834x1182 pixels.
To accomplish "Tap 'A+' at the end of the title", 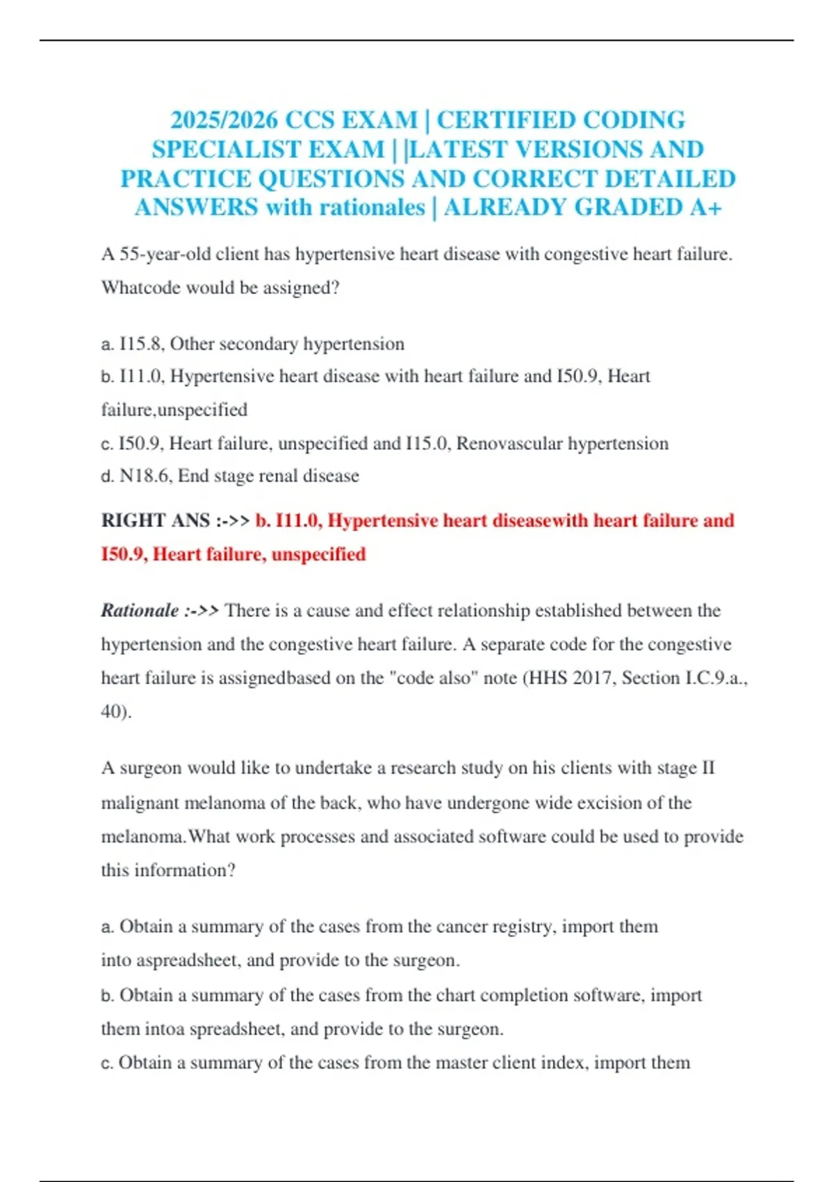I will (706, 207).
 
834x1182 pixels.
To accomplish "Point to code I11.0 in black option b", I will (141, 376).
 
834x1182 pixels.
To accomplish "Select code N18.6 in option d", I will (144, 476).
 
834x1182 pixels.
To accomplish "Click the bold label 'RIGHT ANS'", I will (156, 521).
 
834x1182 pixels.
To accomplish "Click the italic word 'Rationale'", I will (140, 610).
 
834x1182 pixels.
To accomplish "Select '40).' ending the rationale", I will (116, 711).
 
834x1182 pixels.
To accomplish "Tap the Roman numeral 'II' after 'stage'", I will (708, 768).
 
